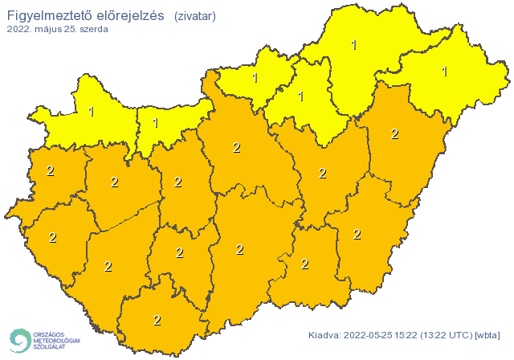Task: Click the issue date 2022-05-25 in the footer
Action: [369, 335]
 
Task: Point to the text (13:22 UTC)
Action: [448, 335]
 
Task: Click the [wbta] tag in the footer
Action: [487, 335]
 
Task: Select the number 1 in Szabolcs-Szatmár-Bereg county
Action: [444, 72]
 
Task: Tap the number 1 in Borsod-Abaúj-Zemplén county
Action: [354, 45]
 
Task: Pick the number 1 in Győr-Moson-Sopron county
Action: [91, 112]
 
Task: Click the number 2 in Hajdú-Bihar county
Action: [394, 133]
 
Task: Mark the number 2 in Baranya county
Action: [157, 320]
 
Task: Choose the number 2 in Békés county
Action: [357, 234]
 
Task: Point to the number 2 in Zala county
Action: [52, 237]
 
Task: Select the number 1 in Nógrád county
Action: [255, 78]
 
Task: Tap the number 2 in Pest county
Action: [236, 147]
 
